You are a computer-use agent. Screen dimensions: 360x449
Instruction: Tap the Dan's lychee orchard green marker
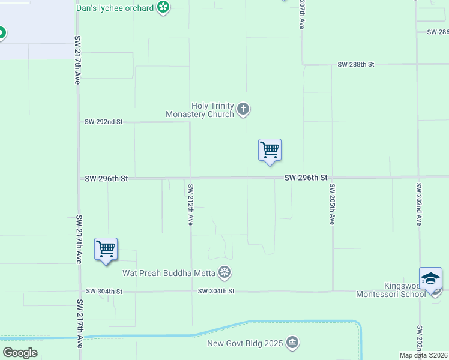[163, 8]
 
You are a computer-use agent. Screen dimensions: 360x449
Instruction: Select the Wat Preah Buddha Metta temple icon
[224, 273]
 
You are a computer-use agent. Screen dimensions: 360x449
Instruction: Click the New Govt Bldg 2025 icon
[292, 343]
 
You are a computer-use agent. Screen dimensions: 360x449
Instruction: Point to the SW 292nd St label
[103, 122]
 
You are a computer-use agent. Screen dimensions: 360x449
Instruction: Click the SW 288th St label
[356, 64]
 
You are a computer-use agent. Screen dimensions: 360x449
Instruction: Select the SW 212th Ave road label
[190, 204]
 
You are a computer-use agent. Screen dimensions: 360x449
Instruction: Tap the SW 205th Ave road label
[331, 204]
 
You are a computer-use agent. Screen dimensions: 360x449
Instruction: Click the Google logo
[20, 352]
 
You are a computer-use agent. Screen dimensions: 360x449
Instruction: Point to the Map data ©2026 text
[423, 355]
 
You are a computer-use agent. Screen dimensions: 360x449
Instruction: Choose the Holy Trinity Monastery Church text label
[200, 110]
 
